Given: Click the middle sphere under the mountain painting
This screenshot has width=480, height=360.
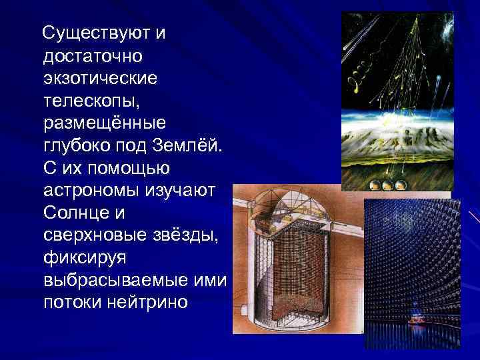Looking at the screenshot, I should tap(386, 185).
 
